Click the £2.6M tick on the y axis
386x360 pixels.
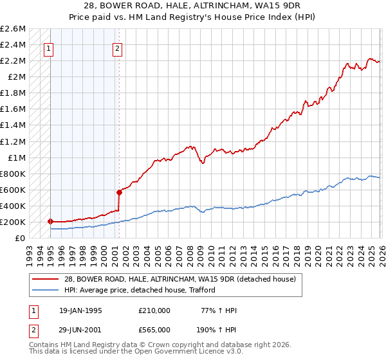pyautogui.click(x=13, y=29)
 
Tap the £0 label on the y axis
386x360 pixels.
pyautogui.click(x=21, y=239)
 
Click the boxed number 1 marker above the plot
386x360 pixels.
pyautogui.click(x=49, y=47)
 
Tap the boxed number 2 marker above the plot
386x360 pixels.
pyautogui.click(x=118, y=47)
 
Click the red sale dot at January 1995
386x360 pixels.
pyautogui.click(x=51, y=221)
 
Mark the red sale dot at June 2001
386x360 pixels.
pyautogui.click(x=119, y=192)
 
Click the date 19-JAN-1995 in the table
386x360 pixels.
pyautogui.click(x=80, y=310)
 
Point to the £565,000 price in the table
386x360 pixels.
pyautogui.click(x=154, y=328)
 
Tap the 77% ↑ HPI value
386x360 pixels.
pyautogui.click(x=219, y=310)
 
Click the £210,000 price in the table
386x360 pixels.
pyautogui.click(x=154, y=310)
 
